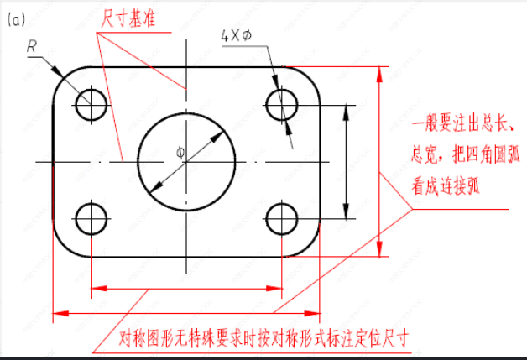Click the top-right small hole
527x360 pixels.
[x=283, y=105]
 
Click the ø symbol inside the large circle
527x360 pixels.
[x=180, y=152]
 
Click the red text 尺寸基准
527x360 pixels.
[x=127, y=16]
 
